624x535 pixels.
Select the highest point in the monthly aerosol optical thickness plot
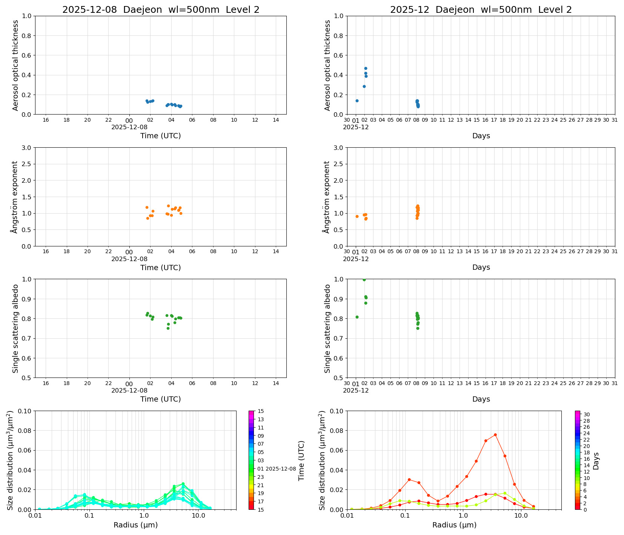(366, 68)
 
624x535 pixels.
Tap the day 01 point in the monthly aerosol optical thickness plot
(357, 101)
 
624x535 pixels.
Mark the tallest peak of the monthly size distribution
(495, 435)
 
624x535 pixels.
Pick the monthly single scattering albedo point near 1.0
(364, 280)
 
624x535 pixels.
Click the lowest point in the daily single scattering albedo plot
(168, 328)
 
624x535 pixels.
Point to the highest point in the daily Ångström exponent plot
(168, 206)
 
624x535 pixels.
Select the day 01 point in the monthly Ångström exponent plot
(357, 216)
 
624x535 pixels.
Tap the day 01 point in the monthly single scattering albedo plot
(357, 317)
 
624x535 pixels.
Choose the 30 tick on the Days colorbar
(587, 414)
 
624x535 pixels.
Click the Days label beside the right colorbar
(596, 461)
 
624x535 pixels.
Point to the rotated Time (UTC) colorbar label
(301, 460)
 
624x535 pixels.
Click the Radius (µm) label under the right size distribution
(454, 525)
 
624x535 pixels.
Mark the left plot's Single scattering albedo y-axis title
(15, 329)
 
